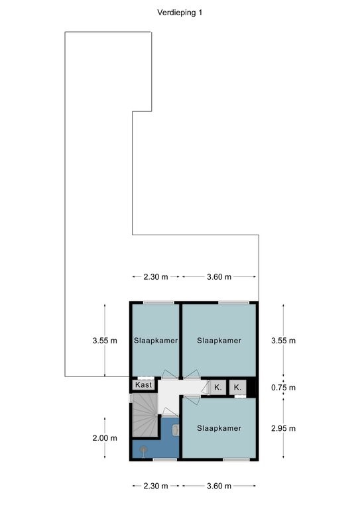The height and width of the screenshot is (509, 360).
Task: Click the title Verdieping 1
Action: pyautogui.click(x=180, y=13)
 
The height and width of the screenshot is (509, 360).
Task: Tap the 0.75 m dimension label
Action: pyautogui.click(x=283, y=387)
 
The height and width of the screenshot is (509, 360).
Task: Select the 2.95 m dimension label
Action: pyautogui.click(x=283, y=428)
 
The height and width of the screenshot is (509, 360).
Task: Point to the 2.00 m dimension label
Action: pyautogui.click(x=105, y=438)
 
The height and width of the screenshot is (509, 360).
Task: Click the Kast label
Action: pyautogui.click(x=143, y=384)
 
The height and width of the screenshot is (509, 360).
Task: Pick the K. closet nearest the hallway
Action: pyautogui.click(x=218, y=387)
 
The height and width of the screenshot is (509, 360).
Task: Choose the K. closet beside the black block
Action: pyautogui.click(x=237, y=387)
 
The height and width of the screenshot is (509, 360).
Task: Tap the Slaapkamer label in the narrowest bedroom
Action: pyautogui.click(x=156, y=341)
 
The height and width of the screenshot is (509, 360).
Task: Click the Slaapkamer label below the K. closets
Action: pyautogui.click(x=219, y=428)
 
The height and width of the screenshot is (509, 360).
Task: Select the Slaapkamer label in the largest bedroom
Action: pyautogui.click(x=219, y=341)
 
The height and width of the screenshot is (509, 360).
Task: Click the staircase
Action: pyautogui.click(x=145, y=415)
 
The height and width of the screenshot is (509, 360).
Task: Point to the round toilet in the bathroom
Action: pyautogui.click(x=143, y=450)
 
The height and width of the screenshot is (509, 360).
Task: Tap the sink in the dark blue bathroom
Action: pyautogui.click(x=176, y=430)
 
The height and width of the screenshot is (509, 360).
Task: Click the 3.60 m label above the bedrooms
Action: pyautogui.click(x=219, y=277)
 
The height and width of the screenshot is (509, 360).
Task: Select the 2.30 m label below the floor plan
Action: pyautogui.click(x=156, y=486)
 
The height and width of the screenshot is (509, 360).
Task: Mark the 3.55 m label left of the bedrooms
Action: pyautogui.click(x=105, y=341)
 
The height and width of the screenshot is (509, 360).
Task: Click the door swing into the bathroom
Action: pyautogui.click(x=170, y=412)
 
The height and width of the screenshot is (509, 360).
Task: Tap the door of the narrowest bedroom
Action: pyautogui.click(x=170, y=374)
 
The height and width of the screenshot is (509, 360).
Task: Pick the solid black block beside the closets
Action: pyautogui.click(x=251, y=387)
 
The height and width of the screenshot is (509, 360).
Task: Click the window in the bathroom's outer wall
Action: pyautogui.click(x=164, y=459)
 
